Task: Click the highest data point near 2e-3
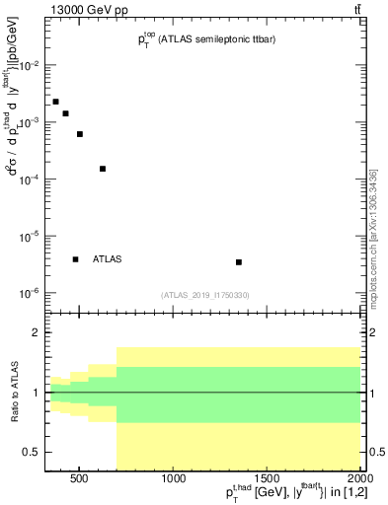pyautogui.click(x=56, y=102)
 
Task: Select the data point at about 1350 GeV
pyautogui.click(x=239, y=261)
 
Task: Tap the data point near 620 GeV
pyautogui.click(x=103, y=169)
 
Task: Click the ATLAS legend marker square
pyautogui.click(x=75, y=259)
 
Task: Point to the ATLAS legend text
pyautogui.click(x=108, y=259)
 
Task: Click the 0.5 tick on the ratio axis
pyautogui.click(x=32, y=452)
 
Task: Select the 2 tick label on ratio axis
pyautogui.click(x=36, y=333)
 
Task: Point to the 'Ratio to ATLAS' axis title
pyautogui.click(x=13, y=393)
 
